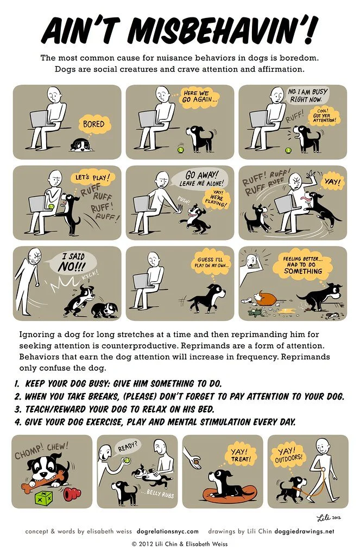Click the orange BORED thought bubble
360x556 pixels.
(x=93, y=124)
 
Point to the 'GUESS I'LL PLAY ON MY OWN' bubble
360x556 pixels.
(x=213, y=263)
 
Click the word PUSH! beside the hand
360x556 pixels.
(x=184, y=199)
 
